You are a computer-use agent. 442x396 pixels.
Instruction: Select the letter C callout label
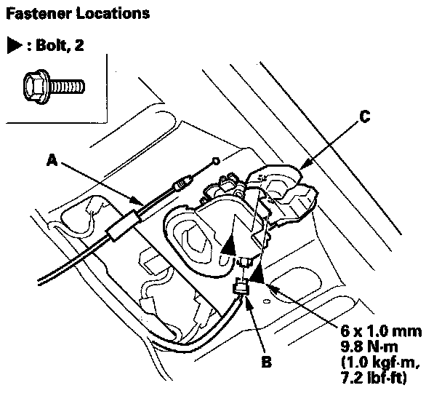coord(366,115)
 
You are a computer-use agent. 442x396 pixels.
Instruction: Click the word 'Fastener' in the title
coord(33,13)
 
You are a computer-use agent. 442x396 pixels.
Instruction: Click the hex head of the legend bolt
coord(36,87)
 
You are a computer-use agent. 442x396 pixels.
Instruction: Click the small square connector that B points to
coord(239,290)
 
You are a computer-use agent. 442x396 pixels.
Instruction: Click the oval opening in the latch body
coord(194,239)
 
